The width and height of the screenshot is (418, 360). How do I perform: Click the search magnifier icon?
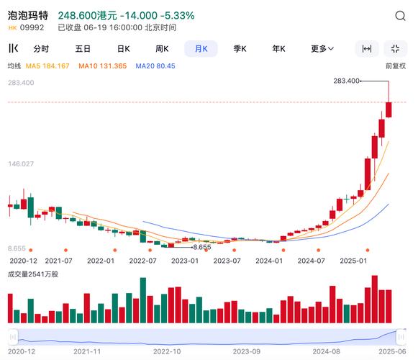pos(400,15)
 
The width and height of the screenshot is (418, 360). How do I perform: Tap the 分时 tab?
pos(41,49)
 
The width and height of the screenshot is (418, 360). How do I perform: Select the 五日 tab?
pos(83,49)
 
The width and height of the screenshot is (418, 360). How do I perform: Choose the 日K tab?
pos(123,49)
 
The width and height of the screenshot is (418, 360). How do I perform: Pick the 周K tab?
pos(162,49)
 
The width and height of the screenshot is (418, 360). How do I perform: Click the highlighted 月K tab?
pos(201,49)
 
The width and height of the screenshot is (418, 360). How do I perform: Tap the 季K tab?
pos(240,49)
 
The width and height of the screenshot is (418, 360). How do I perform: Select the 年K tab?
pos(278,49)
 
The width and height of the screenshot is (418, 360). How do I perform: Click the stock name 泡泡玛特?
pos(28,15)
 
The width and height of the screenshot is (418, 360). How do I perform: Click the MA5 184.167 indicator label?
pos(47,66)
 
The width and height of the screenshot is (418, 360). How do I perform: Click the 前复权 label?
pos(396,66)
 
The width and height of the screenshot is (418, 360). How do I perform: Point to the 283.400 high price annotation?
pos(347,81)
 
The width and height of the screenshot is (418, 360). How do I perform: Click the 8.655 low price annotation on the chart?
pos(203,247)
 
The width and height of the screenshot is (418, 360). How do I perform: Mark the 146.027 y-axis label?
pos(22,164)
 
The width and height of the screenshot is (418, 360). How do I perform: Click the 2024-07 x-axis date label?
pos(311,261)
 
